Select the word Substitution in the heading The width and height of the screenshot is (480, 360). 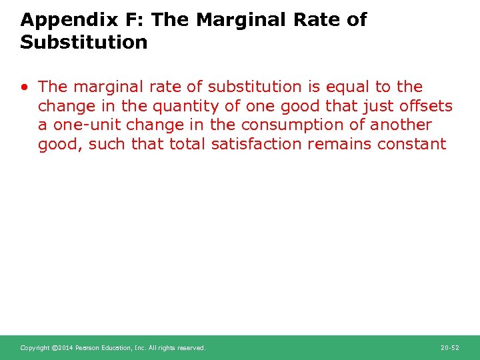(x=84, y=43)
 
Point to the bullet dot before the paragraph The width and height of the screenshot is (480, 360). (x=24, y=87)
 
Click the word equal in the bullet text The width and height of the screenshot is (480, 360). (x=345, y=87)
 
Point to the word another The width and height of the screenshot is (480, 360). (x=401, y=125)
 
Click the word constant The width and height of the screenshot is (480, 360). (x=413, y=144)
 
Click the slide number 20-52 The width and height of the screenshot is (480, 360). (x=450, y=348)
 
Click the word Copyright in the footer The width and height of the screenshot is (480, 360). (x=35, y=348)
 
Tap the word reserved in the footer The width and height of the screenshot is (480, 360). (x=191, y=348)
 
